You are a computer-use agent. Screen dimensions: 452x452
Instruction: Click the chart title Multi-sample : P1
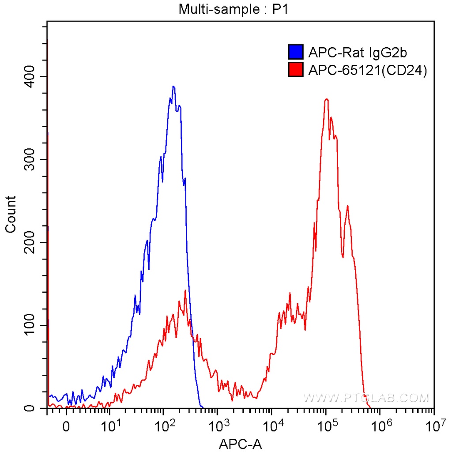[233, 9]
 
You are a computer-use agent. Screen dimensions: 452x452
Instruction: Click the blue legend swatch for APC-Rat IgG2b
[295, 52]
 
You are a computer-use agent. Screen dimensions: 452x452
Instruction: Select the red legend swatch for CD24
[295, 69]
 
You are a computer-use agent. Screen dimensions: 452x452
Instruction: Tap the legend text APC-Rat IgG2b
[358, 53]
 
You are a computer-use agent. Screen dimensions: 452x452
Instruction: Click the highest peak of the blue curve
[173, 87]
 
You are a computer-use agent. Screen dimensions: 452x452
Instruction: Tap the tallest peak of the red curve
[326, 99]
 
